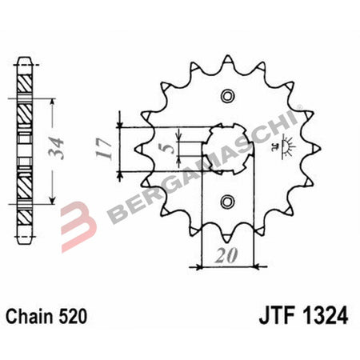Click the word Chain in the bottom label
click(x=30, y=316)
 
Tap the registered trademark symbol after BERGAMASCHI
click(x=299, y=107)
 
